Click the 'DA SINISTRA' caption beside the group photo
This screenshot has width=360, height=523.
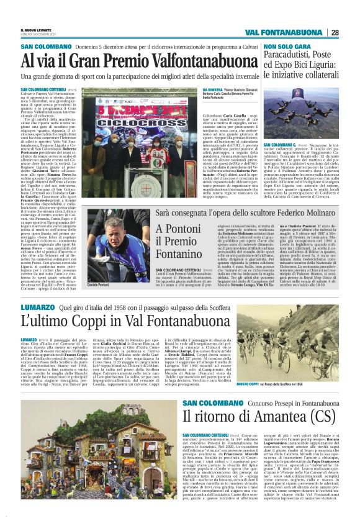coord(212,90)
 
